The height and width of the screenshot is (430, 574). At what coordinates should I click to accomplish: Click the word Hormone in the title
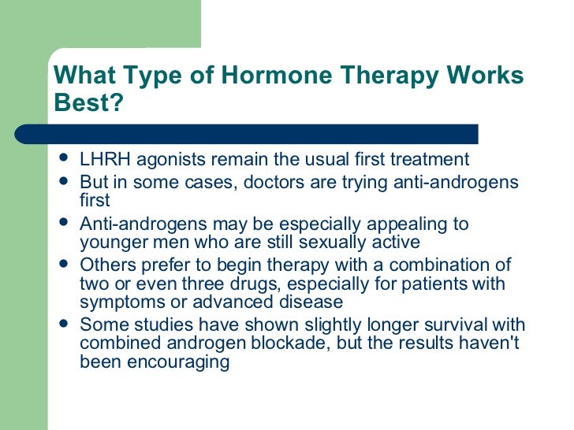pos(244,76)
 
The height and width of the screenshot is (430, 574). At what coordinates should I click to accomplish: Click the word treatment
pos(430,160)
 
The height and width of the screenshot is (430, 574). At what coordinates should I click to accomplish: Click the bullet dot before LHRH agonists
pos(64,159)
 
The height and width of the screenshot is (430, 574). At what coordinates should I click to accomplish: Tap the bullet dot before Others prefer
pos(64,264)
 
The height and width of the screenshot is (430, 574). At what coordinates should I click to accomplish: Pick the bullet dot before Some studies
pos(64,324)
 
